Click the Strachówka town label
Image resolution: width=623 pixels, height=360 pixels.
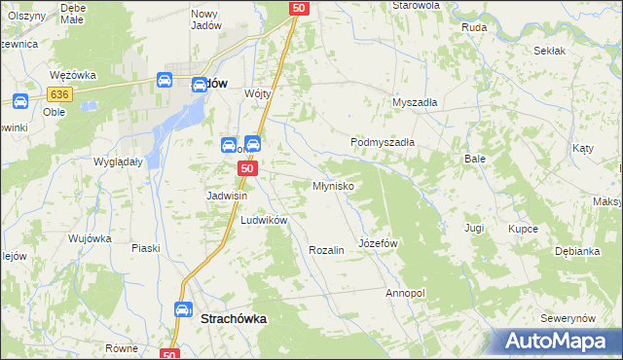click(x=234, y=318)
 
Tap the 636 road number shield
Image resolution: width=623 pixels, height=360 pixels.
click(x=60, y=94)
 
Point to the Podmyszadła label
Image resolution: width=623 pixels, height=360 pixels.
click(x=383, y=142)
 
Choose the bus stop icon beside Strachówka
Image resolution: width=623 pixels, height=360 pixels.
click(x=182, y=309)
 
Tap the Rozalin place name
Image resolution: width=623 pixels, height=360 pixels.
click(x=326, y=250)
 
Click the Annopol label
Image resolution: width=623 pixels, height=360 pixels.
click(x=405, y=292)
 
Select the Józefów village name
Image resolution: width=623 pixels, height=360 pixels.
click(x=379, y=241)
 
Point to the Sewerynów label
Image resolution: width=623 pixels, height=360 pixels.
click(x=568, y=319)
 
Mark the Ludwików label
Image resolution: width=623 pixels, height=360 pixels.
click(x=264, y=220)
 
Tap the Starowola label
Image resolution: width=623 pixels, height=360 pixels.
click(x=417, y=5)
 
